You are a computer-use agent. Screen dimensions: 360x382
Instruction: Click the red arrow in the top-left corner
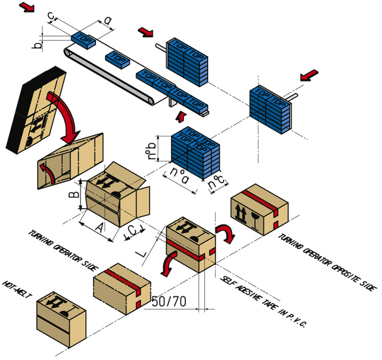click(x=27, y=8)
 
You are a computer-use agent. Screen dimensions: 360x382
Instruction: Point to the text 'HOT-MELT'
click(x=17, y=290)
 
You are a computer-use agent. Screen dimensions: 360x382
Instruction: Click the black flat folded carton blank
click(x=33, y=105)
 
